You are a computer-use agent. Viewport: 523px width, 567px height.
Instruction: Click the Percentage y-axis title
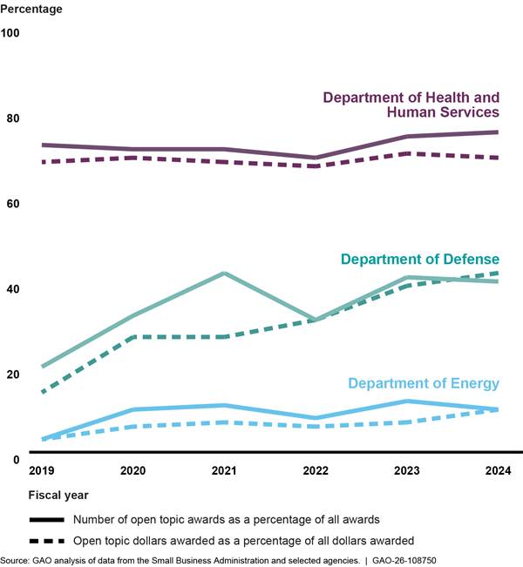(x=31, y=9)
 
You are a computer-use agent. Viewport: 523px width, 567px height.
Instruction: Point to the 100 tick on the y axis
(x=10, y=33)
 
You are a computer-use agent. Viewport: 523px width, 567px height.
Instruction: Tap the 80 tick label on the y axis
(x=13, y=118)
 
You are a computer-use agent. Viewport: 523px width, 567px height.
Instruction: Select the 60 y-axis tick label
(x=13, y=204)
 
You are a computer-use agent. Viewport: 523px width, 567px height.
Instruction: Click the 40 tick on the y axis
(x=13, y=289)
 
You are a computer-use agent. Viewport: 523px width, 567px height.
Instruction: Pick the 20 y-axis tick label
(x=13, y=375)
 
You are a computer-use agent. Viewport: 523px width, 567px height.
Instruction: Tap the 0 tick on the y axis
(x=16, y=460)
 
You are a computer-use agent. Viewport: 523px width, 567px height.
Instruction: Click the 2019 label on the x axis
(x=42, y=470)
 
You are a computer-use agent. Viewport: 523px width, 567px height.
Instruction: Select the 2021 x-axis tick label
(x=224, y=470)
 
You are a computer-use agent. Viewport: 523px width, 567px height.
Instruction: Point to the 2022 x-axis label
(x=316, y=470)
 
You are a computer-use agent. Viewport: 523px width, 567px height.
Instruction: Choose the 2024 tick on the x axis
(x=498, y=470)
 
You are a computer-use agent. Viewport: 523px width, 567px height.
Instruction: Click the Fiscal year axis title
(x=58, y=495)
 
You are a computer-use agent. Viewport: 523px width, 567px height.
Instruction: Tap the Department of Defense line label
(x=420, y=260)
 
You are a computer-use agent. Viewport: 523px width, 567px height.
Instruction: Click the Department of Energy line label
(x=424, y=383)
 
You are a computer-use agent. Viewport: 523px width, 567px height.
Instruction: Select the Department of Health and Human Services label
(x=411, y=105)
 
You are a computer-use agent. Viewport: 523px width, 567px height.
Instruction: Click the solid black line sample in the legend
(x=47, y=520)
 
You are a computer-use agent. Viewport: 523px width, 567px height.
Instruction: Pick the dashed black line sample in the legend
(x=47, y=541)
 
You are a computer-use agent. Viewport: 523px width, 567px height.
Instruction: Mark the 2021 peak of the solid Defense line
(x=224, y=273)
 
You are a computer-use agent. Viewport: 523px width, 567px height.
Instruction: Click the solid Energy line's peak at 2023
(x=407, y=401)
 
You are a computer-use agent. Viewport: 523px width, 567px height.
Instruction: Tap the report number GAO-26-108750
(x=404, y=561)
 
